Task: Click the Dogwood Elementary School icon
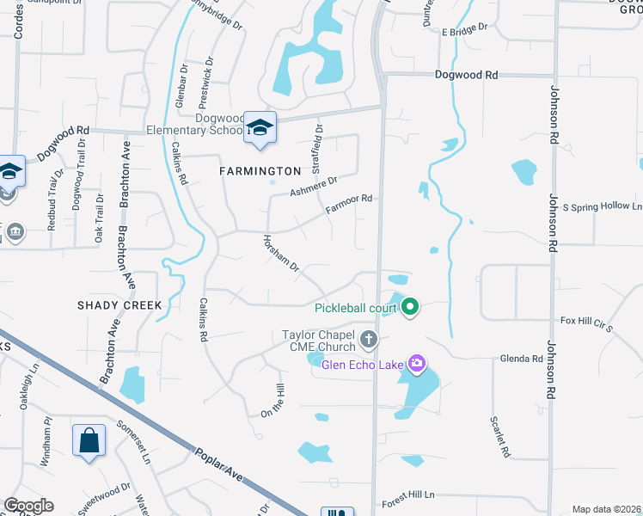click(x=259, y=128)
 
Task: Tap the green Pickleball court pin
click(x=410, y=306)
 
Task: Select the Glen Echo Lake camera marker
click(x=417, y=364)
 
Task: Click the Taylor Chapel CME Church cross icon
click(x=369, y=339)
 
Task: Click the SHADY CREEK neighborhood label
click(x=119, y=305)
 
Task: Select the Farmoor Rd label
click(x=349, y=204)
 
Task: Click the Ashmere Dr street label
click(x=314, y=185)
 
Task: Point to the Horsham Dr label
click(x=280, y=255)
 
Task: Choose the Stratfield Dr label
click(x=319, y=145)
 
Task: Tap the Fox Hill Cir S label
click(x=585, y=323)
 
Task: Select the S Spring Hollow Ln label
click(x=603, y=207)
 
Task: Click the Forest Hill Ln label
click(x=409, y=495)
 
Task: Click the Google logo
click(x=28, y=506)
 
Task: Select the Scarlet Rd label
click(x=498, y=437)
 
